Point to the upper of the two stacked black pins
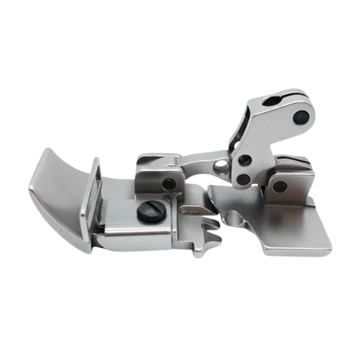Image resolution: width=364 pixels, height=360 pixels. coord(244,161)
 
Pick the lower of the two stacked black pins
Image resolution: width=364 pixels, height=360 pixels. coord(243,180)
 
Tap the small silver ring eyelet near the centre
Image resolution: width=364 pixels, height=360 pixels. coord(222,167)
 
